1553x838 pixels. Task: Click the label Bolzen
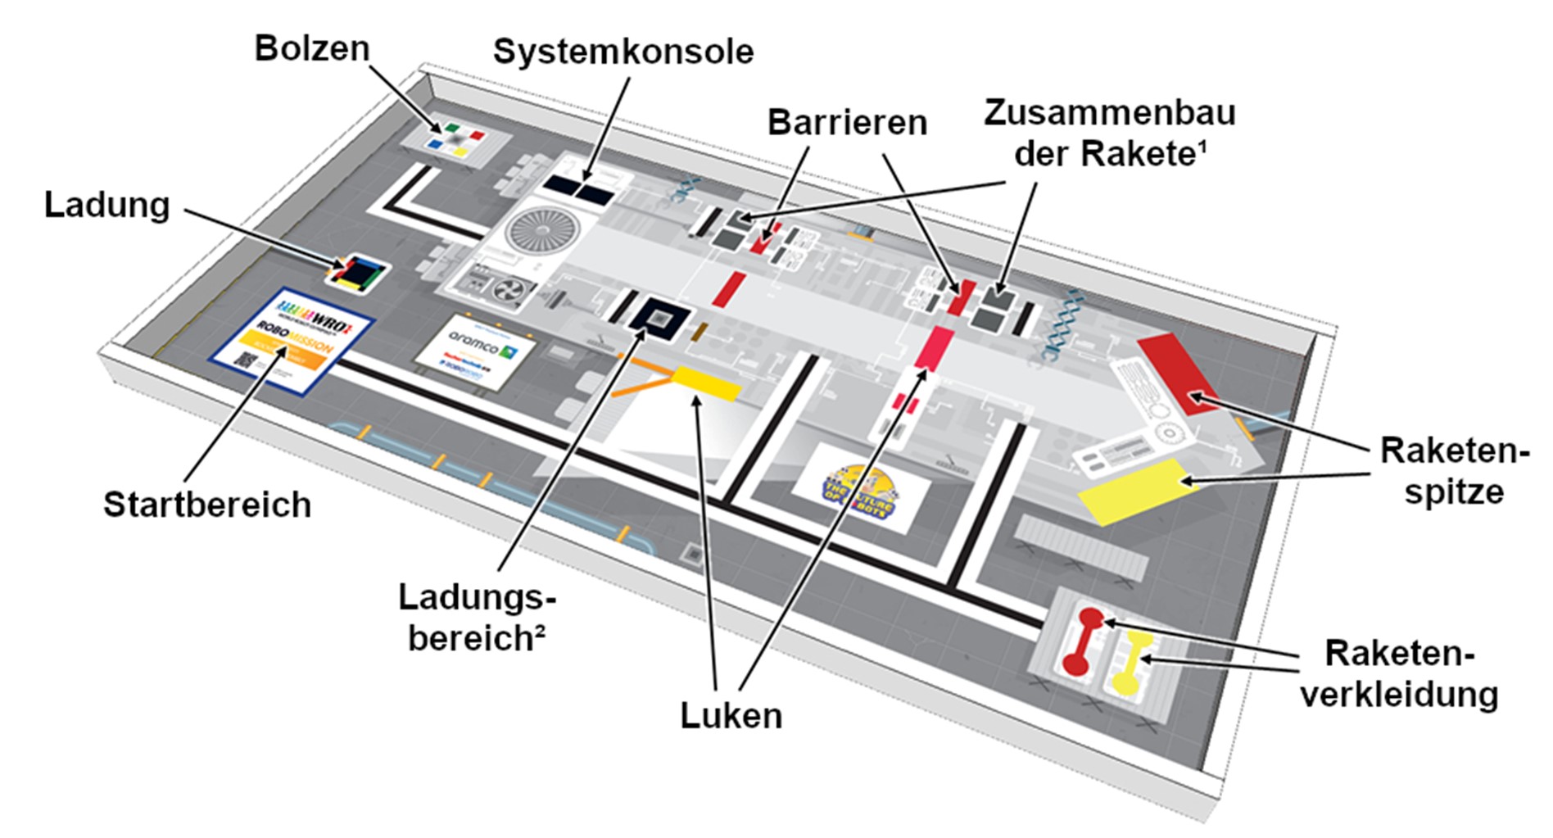click(x=312, y=49)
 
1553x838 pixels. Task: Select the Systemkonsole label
click(x=623, y=52)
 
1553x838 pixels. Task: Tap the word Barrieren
click(x=847, y=123)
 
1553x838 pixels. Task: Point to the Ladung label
click(x=107, y=205)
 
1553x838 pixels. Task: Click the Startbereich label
click(x=207, y=505)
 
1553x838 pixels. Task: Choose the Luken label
click(x=731, y=716)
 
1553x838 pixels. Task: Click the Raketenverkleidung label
click(x=1400, y=674)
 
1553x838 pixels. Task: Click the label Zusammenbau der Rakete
click(x=1110, y=133)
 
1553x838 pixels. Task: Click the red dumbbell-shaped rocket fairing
click(x=1081, y=640)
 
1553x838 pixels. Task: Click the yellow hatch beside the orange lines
click(x=706, y=383)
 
